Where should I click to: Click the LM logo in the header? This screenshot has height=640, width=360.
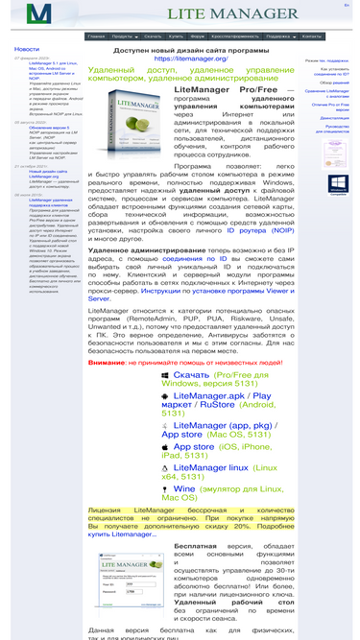tap(39, 14)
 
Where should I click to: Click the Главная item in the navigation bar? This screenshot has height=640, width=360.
tap(96, 36)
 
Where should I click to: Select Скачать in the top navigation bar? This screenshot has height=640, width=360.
tap(153, 36)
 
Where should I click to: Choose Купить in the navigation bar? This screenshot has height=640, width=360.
tap(177, 36)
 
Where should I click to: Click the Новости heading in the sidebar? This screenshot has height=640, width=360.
tap(27, 49)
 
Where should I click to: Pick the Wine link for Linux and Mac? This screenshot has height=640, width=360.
tap(184, 488)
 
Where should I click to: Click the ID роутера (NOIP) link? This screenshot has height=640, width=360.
tap(260, 231)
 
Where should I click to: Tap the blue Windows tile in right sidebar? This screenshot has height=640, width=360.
tap(338, 183)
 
